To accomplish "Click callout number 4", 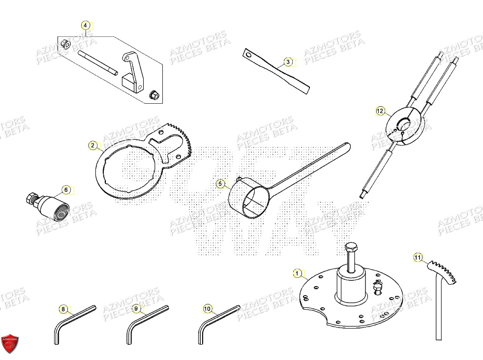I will [x=86, y=25].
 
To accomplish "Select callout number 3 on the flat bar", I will [x=289, y=62].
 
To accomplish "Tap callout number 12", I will [x=380, y=111].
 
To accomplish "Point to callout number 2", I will [x=92, y=145].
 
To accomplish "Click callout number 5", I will [x=220, y=184].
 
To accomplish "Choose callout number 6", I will [x=66, y=189].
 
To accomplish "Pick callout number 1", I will [x=297, y=272].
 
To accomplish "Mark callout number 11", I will [x=418, y=257].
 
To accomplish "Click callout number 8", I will [x=63, y=309].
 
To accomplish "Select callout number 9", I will [x=136, y=309].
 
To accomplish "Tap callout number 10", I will [x=208, y=309].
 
